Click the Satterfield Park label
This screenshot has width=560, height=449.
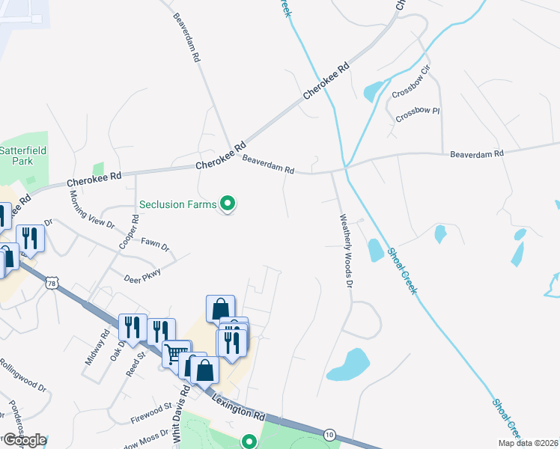point(22,155)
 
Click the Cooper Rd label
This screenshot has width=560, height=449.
point(136,231)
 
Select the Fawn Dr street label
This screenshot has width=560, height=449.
point(156,245)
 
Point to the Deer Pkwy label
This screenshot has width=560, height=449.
point(143,274)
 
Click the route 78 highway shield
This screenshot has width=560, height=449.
point(51,282)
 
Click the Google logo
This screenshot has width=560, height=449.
point(24,440)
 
